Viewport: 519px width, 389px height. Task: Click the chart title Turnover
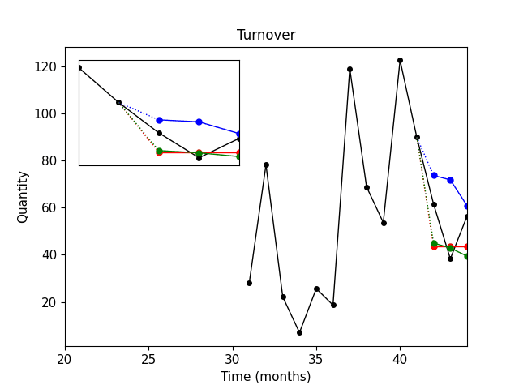pyautogui.click(x=266, y=36)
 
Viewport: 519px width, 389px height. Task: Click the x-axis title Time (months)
pyautogui.click(x=266, y=377)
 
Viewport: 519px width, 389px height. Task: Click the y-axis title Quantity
pyautogui.click(x=23, y=197)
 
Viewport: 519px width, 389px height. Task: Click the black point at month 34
pyautogui.click(x=299, y=332)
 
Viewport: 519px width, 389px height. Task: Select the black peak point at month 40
pyautogui.click(x=400, y=60)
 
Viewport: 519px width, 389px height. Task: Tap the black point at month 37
pyautogui.click(x=350, y=69)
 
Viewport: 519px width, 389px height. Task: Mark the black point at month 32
pyautogui.click(x=266, y=165)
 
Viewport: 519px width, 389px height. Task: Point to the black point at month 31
pyautogui.click(x=249, y=283)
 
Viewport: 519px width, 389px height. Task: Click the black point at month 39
pyautogui.click(x=384, y=223)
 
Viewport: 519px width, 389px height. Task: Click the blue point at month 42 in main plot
pyautogui.click(x=434, y=175)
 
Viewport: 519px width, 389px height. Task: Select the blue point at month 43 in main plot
pyautogui.click(x=450, y=180)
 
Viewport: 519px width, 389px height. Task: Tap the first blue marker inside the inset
pyautogui.click(x=159, y=120)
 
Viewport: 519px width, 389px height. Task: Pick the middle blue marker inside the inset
pyautogui.click(x=199, y=122)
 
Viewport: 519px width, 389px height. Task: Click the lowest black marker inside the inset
pyautogui.click(x=199, y=157)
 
